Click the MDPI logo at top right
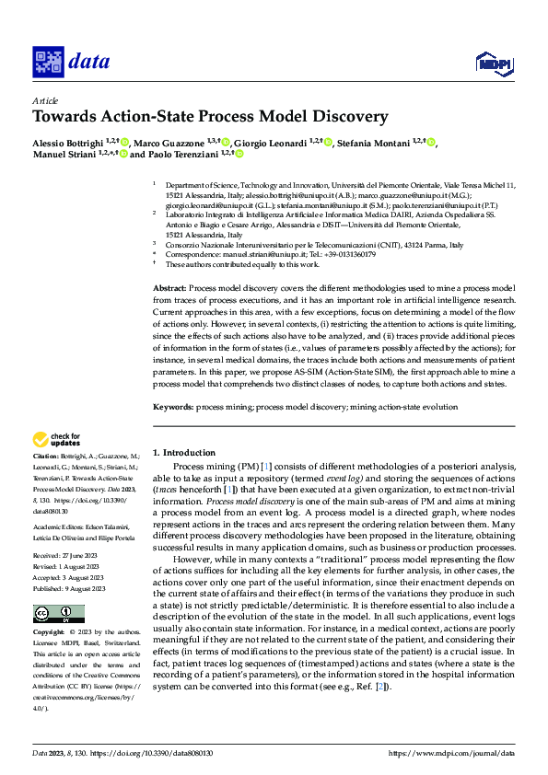[x=494, y=62]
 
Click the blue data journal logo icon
[x=48, y=62]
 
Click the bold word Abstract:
[x=169, y=288]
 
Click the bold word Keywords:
[x=173, y=407]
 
